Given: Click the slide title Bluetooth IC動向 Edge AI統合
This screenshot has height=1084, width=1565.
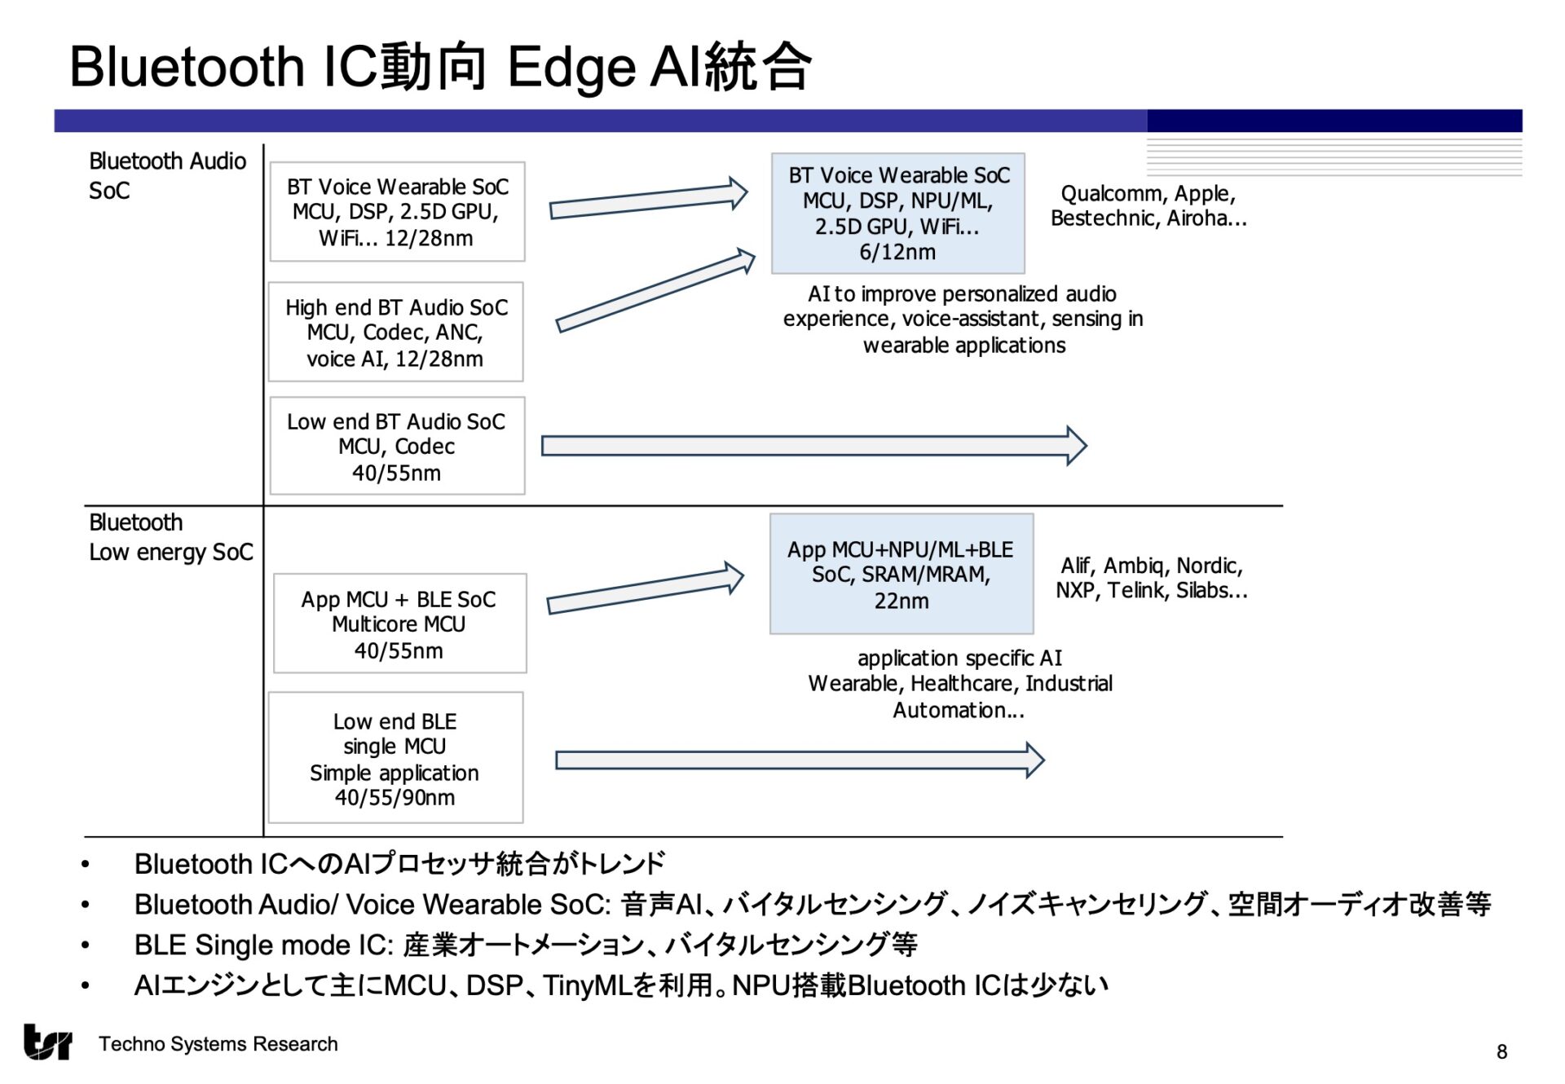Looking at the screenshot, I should pyautogui.click(x=440, y=67).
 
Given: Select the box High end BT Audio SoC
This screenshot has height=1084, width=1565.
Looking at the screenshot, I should pyautogui.click(x=396, y=333).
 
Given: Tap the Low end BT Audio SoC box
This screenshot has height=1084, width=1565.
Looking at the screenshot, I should pyautogui.click(x=397, y=447).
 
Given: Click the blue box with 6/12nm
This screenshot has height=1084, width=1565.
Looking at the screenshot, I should pyautogui.click(x=897, y=214).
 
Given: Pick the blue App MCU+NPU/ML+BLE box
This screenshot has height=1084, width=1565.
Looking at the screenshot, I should pyautogui.click(x=901, y=575).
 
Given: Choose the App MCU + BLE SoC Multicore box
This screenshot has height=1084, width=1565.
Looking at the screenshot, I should pyautogui.click(x=399, y=624).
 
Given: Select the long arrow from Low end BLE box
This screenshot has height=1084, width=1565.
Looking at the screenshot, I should pyautogui.click(x=799, y=760).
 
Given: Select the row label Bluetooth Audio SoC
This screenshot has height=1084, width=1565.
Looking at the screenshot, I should pyautogui.click(x=167, y=176).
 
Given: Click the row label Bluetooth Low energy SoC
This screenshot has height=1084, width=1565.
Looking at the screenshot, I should pyautogui.click(x=170, y=538).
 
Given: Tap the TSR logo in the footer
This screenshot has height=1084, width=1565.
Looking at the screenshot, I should pyautogui.click(x=47, y=1042).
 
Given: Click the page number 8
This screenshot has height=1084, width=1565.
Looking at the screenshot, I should pyautogui.click(x=1501, y=1052).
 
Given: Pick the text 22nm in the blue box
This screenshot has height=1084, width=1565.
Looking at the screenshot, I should pyautogui.click(x=901, y=601).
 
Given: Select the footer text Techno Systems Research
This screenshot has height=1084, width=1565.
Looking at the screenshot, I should pyautogui.click(x=218, y=1044).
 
